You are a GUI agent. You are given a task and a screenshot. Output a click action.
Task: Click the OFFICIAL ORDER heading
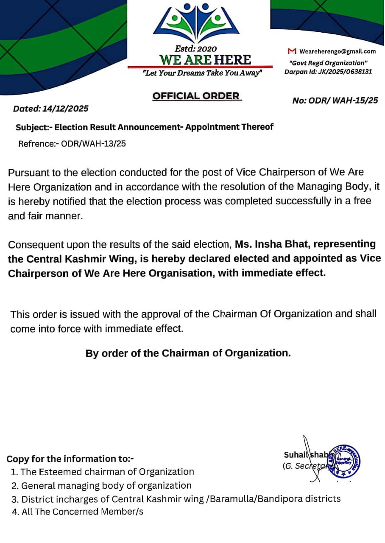point(196,96)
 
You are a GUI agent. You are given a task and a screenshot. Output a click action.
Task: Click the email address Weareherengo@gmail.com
point(338,51)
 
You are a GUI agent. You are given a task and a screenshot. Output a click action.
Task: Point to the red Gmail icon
point(292,51)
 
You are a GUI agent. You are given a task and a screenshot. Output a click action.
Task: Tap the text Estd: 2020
point(195,49)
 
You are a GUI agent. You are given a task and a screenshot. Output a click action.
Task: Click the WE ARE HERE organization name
point(205,60)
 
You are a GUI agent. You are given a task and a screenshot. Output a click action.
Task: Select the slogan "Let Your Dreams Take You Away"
point(202,73)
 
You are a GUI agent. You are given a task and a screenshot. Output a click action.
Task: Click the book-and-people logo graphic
point(196,23)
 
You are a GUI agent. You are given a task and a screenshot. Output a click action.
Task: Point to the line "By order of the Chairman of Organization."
point(188,353)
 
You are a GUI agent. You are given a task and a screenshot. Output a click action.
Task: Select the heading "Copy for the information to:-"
point(70,459)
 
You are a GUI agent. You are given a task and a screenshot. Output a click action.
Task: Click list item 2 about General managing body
point(106,485)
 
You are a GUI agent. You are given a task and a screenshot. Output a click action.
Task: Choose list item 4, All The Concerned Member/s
point(82,512)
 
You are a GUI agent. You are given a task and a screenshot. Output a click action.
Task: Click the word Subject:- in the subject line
point(33,127)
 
